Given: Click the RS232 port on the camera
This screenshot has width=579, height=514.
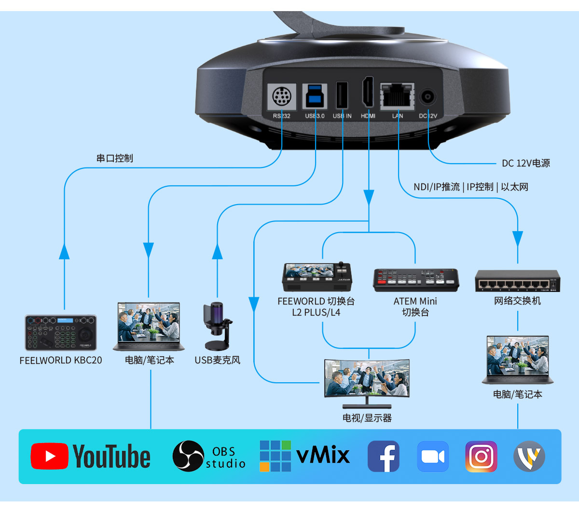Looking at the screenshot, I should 281,97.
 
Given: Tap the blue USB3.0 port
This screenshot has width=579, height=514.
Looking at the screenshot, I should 315,96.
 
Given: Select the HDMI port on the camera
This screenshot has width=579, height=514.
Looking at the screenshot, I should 368,93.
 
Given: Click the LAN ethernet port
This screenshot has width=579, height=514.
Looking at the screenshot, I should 397,96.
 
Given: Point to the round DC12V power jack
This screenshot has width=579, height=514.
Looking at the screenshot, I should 427,97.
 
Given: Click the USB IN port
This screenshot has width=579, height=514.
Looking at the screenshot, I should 342,96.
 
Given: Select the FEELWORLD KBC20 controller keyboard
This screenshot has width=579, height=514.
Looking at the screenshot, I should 61,333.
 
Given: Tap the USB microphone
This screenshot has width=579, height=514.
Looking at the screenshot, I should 217,326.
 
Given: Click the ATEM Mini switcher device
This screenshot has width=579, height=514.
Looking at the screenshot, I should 415,280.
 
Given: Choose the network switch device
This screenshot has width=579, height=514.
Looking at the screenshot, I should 517,280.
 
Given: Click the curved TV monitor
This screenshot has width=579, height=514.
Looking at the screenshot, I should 367,379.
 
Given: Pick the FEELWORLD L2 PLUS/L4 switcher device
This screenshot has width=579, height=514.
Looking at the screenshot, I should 317,277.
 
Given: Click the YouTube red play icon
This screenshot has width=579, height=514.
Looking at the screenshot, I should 49,456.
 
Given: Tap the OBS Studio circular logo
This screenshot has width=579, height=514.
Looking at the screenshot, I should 188,456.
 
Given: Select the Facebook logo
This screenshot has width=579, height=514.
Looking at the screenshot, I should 384,456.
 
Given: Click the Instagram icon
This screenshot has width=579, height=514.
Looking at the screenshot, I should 481,456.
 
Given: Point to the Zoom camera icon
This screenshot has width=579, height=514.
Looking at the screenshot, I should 433,456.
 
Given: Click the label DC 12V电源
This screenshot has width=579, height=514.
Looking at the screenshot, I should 525,163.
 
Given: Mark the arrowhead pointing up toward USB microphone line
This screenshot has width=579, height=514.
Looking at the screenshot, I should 218,251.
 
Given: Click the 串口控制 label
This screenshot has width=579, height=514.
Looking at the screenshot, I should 114,158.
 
